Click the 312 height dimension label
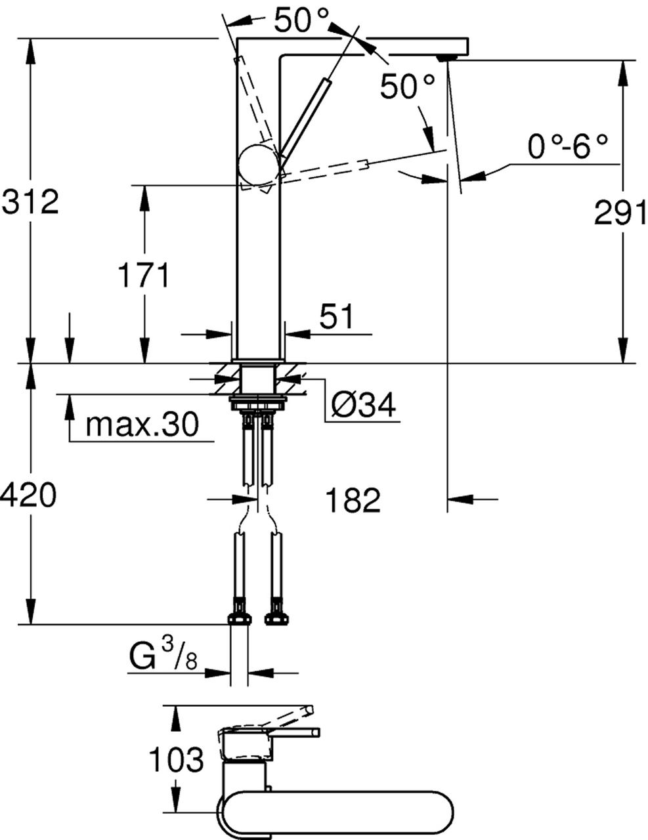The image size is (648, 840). [30, 201]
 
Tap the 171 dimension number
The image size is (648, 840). [143, 275]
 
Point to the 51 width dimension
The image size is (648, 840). [336, 316]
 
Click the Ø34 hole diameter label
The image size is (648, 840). [364, 405]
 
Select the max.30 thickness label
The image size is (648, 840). [142, 424]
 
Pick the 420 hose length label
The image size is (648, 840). [28, 495]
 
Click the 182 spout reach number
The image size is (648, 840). [353, 500]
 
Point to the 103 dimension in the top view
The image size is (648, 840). [177, 759]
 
